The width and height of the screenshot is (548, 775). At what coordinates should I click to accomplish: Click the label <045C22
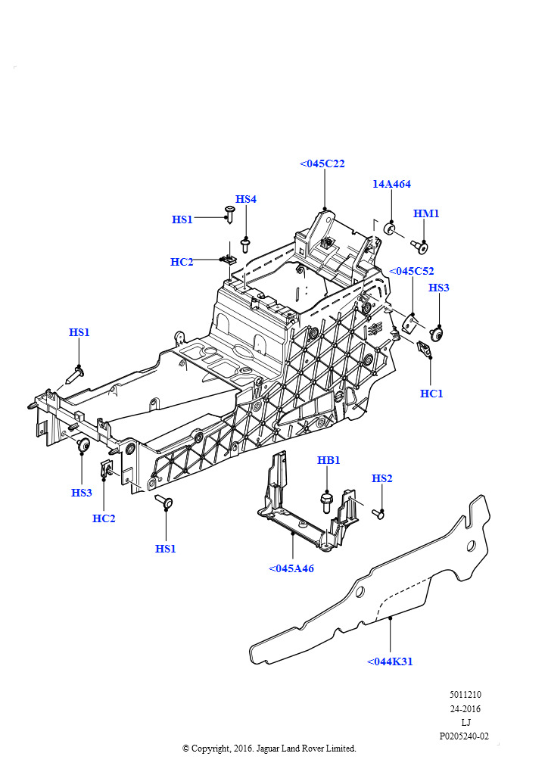[x=322, y=163]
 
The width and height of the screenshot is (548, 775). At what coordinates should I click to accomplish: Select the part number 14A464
[x=391, y=184]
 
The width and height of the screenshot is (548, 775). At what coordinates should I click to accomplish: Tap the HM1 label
[x=426, y=214]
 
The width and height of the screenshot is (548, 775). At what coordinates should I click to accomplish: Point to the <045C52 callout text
[x=412, y=271]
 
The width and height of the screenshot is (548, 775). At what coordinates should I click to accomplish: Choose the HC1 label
[x=431, y=394]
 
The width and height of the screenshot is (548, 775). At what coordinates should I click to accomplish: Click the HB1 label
[x=328, y=460]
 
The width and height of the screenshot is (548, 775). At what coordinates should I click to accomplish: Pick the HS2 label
[x=382, y=478]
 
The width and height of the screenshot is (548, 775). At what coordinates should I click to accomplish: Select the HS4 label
[x=246, y=199]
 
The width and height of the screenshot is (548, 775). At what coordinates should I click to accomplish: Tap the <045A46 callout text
[x=291, y=568]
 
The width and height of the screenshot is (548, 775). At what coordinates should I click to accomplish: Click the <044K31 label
[x=390, y=661]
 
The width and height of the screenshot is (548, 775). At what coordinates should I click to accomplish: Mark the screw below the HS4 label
[x=245, y=244]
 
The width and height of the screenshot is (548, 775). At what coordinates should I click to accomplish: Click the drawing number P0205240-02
[x=464, y=736]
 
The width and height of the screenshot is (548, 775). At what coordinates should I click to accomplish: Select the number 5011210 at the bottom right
[x=465, y=695]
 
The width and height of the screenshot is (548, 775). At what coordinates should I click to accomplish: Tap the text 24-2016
[x=465, y=709]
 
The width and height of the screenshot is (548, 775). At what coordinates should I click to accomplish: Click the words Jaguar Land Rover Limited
[x=307, y=749]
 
